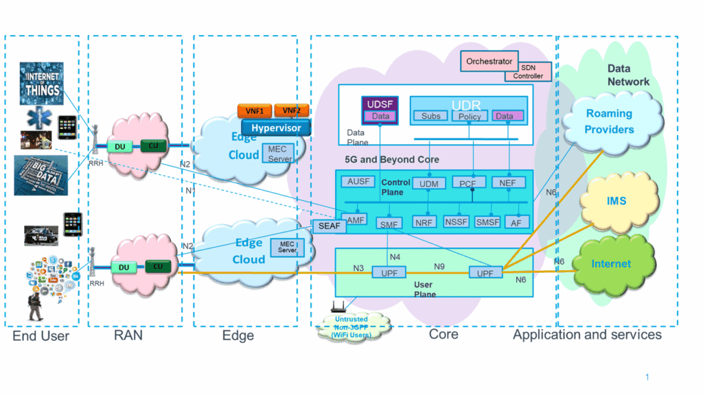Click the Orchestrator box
pos(489,62)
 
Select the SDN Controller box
pos(528,72)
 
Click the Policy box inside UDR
pos(469,117)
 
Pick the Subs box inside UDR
pos(431,117)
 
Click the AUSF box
pos(359,182)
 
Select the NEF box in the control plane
pos(509,182)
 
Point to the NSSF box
pos(456,222)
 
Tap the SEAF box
pos(330,226)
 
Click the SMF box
pos(389,223)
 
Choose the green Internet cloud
pos(611,264)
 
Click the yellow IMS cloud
pos(616,202)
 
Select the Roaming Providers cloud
pos(609,122)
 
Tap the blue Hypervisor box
pos(275,128)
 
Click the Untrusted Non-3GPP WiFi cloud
pos(350,326)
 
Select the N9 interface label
pos(442,266)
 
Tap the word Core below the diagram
pos(443,335)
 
